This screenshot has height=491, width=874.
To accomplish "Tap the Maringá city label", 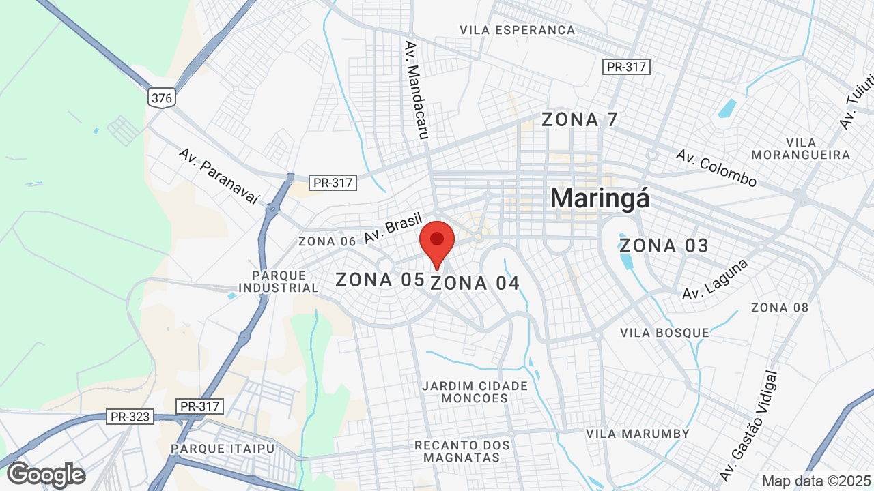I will [x=600, y=198].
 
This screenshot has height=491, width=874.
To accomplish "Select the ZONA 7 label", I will [x=580, y=119].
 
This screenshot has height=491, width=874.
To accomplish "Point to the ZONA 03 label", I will [x=664, y=245].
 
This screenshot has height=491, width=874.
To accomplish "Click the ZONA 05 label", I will [x=374, y=280].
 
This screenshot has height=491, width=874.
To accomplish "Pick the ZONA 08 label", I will [x=780, y=308].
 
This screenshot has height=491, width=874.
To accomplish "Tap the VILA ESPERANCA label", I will [x=518, y=30].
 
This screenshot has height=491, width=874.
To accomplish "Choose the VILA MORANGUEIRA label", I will [x=801, y=149].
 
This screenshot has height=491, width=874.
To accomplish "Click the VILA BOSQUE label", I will [x=664, y=333].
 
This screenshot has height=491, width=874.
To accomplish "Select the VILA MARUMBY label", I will [x=638, y=434].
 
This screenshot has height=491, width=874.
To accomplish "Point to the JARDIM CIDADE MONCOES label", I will [x=475, y=392].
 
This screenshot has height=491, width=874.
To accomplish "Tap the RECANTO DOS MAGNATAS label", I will [x=462, y=451].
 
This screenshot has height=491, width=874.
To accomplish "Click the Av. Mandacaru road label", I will [x=416, y=89].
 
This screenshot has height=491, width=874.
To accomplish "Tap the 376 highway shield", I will [x=162, y=98].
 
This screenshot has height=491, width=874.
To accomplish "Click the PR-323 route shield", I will [x=130, y=416].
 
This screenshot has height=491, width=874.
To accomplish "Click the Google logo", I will [x=46, y=475].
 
